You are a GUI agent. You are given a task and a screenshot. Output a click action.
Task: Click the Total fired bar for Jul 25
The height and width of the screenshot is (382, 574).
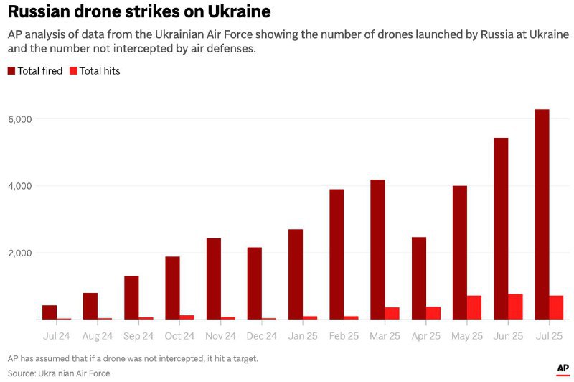(542, 215)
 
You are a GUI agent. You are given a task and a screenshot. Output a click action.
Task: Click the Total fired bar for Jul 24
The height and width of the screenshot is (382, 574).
(50, 312)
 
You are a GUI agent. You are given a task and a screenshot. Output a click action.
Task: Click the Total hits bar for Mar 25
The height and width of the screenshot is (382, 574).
(392, 313)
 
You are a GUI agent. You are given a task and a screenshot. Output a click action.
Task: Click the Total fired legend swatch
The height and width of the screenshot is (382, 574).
(11, 71)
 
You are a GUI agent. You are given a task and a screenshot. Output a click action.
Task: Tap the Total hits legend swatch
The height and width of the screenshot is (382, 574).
(73, 71)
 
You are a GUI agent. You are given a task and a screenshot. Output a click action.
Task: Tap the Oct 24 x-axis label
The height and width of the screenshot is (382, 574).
(179, 335)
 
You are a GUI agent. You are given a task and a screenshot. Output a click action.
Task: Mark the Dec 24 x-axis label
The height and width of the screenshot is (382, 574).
(261, 335)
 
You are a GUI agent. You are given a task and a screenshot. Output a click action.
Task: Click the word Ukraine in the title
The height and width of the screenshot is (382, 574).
(231, 11)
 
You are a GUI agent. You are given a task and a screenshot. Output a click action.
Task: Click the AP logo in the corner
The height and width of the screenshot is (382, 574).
(563, 368)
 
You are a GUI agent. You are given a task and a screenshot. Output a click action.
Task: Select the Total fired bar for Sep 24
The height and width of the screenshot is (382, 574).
(131, 297)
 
